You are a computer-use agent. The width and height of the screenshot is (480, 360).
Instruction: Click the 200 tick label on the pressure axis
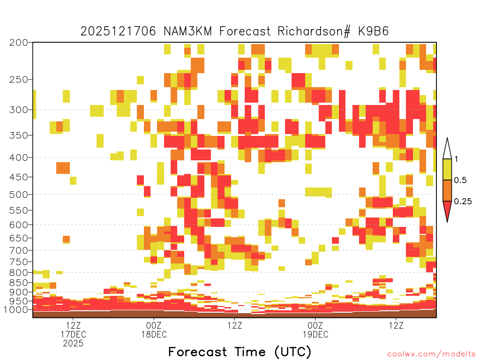18,43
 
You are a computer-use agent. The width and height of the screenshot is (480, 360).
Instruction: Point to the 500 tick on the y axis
18,195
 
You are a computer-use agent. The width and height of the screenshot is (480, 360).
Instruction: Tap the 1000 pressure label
16,310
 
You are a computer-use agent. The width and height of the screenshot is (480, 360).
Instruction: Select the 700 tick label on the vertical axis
18,250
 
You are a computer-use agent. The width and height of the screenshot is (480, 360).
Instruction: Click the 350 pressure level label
18,135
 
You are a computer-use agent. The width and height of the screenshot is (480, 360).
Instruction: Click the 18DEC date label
154,334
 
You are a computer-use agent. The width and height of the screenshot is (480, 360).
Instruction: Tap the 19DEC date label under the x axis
315,334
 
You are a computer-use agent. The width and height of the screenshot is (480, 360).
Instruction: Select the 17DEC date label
74,334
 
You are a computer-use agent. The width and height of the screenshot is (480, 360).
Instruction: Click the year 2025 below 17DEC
73,344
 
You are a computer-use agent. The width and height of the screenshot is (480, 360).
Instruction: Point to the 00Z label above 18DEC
154,325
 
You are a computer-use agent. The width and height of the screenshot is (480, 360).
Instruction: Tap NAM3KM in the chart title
187,31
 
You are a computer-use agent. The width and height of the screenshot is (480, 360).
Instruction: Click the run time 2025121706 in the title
118,31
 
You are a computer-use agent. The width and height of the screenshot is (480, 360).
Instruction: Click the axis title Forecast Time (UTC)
240,352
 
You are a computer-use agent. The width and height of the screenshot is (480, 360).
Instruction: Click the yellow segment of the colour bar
447,169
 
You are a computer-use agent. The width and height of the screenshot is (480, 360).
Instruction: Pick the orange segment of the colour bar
447,190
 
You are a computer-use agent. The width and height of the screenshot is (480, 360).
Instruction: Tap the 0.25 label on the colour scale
463,201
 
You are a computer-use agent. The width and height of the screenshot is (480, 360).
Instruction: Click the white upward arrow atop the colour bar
447,150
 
